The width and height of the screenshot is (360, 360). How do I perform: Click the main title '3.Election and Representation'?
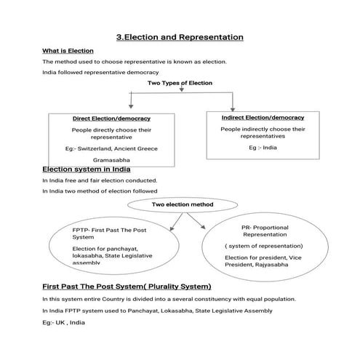180,37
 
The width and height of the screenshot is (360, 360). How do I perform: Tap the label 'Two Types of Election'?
180,83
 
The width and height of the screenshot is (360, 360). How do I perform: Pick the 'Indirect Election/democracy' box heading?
262,117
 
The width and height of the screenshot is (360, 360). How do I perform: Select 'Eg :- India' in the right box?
262,147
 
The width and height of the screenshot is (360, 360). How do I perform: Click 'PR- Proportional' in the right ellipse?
264,228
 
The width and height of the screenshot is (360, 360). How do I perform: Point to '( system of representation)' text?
264,246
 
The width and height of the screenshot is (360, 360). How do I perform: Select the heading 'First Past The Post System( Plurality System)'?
127,287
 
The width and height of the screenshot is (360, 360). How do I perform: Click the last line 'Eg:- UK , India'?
63,322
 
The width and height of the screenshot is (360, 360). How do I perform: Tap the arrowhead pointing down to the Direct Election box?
131,107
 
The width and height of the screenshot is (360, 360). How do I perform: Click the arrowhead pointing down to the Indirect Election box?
231,107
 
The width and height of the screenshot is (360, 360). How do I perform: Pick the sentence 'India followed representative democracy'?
100,72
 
